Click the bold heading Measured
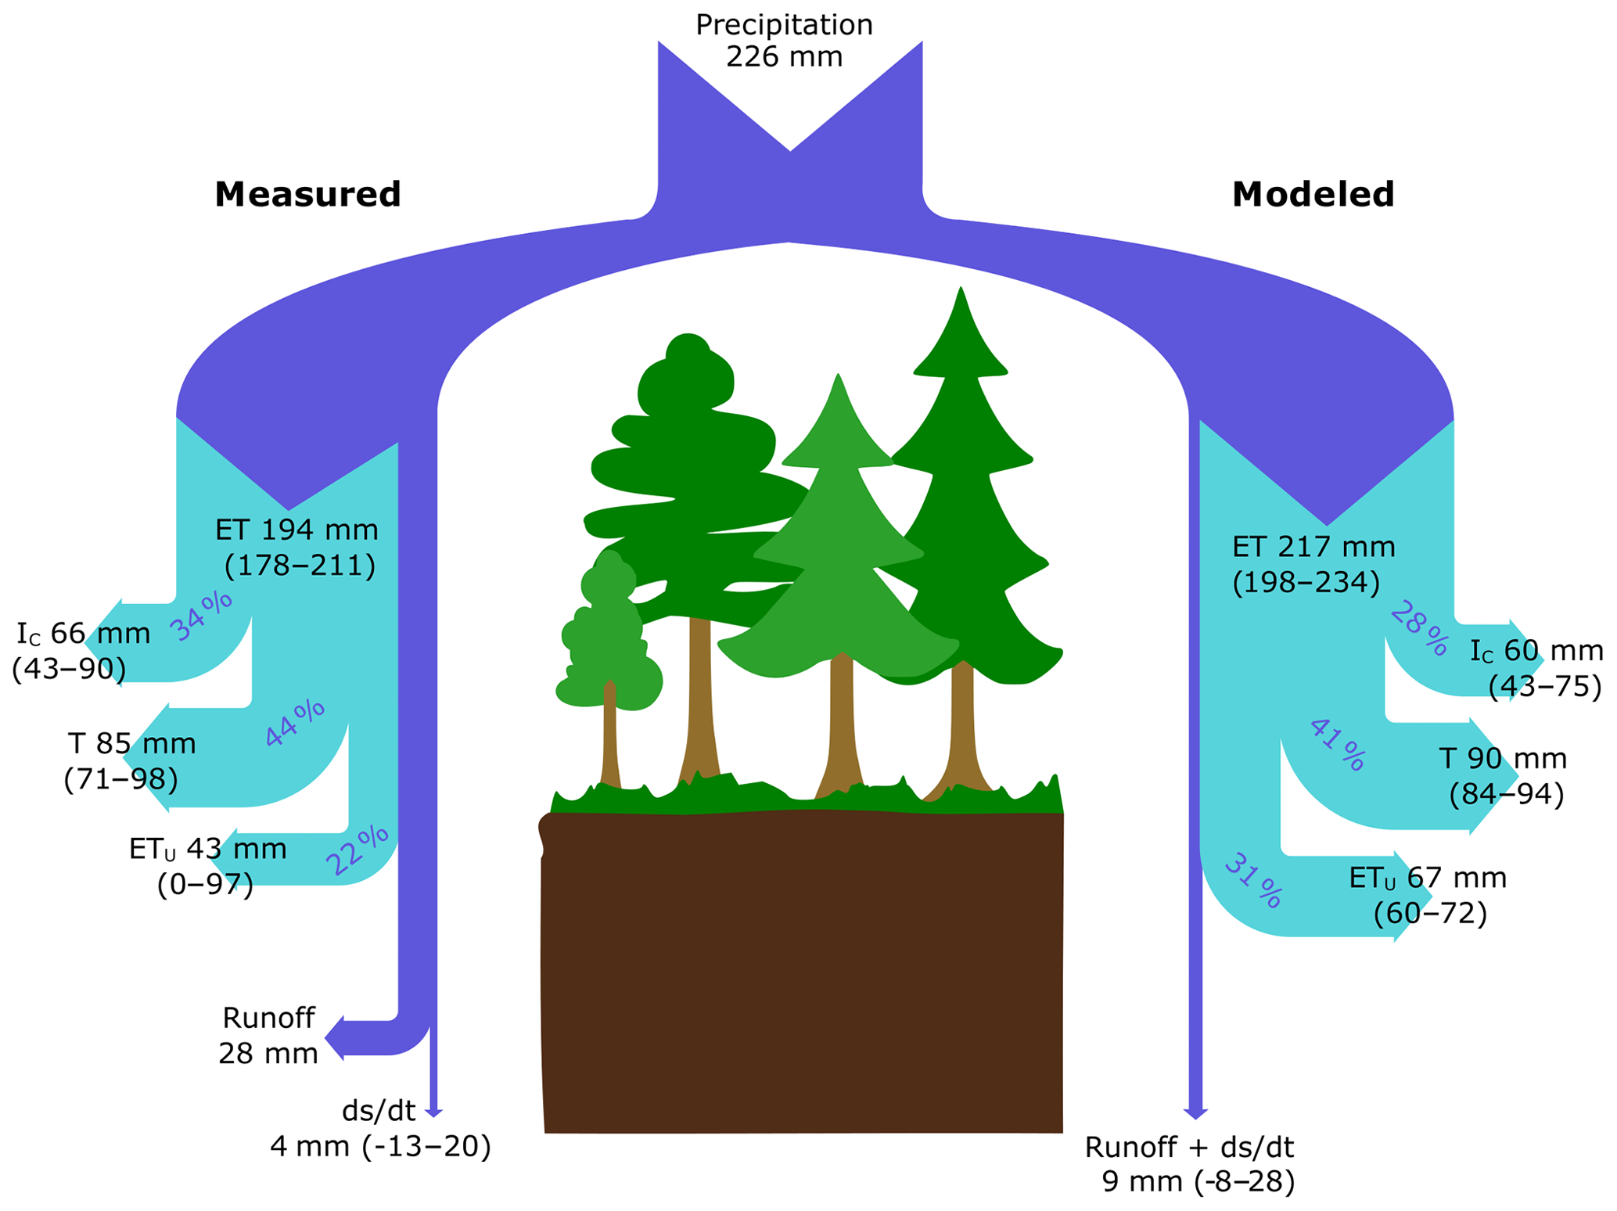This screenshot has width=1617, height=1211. tap(307, 194)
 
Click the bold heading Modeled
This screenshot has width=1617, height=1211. tap(1313, 194)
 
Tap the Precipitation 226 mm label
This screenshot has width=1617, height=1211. tap(784, 41)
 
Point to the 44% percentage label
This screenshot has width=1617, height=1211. tap(294, 723)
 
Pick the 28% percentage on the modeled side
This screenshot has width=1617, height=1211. tap(1418, 627)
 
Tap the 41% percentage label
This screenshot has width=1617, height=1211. tap(1338, 745)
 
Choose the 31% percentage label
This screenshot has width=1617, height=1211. tap(1252, 881)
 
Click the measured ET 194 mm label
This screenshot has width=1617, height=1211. tap(296, 548)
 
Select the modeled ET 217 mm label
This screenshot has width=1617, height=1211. tap(1313, 564)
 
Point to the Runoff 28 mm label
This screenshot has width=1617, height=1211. tap(268, 1036)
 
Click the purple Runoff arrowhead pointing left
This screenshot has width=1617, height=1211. tap(335, 1038)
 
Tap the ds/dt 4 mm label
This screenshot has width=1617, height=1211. tap(380, 1128)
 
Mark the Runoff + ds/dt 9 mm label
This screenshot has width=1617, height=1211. tap(1189, 1164)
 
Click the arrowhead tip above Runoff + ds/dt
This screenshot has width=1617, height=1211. tap(1195, 1116)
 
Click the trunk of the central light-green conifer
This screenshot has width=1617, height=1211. tap(841, 728)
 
